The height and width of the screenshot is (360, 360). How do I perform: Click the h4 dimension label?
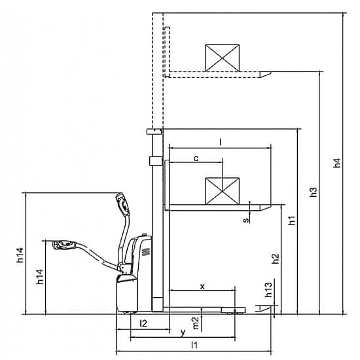click(x=337, y=163)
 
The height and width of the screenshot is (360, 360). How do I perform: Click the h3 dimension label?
click(x=313, y=192)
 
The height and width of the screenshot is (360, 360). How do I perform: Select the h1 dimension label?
click(x=292, y=221)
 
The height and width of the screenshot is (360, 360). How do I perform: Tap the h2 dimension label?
click(x=276, y=259)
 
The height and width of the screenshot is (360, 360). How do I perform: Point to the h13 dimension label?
click(x=268, y=289)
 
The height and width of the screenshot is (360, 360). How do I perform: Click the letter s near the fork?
click(x=246, y=220)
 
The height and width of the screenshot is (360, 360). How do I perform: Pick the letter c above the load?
click(x=196, y=158)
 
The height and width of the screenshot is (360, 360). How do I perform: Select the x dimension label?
click(x=202, y=287)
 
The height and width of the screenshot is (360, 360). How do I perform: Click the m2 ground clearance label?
click(x=196, y=323)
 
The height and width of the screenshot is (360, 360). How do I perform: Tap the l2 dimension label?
click(x=143, y=323)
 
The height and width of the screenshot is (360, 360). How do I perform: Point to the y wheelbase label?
click(x=183, y=333)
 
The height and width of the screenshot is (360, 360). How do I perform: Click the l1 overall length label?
click(x=194, y=345)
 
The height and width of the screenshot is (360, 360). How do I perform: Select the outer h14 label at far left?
click(x=20, y=255)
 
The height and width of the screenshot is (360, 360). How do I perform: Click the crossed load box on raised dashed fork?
click(x=222, y=58)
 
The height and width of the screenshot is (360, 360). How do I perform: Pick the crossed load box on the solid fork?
click(x=222, y=191)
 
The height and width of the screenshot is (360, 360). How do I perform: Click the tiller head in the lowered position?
click(x=64, y=245)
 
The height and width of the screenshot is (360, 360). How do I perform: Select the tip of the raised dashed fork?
click(x=271, y=73)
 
